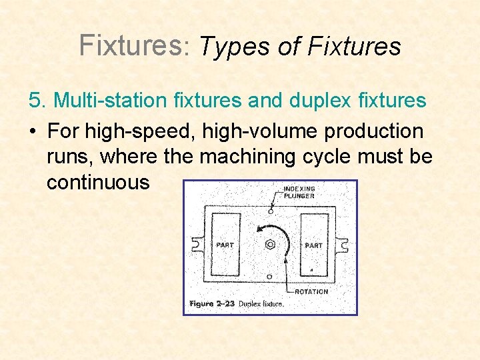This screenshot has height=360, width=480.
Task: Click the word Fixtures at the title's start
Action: point(130,45)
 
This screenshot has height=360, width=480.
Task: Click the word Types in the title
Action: point(227,47)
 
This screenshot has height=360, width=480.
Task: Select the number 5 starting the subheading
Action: point(35,101)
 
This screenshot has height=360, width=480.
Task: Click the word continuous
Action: point(98,182)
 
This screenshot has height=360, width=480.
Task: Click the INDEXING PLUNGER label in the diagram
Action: point(299,193)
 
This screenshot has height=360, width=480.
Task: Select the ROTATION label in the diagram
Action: point(311,291)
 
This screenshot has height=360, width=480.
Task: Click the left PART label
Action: point(225,245)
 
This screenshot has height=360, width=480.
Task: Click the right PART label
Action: point(313,245)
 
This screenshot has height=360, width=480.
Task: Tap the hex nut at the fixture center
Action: point(270,244)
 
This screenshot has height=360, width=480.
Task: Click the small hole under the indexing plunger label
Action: point(270,211)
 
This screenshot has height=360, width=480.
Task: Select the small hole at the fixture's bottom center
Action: point(269,276)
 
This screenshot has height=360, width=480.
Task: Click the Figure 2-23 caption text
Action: point(237,304)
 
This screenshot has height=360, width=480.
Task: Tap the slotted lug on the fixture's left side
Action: point(195,245)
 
